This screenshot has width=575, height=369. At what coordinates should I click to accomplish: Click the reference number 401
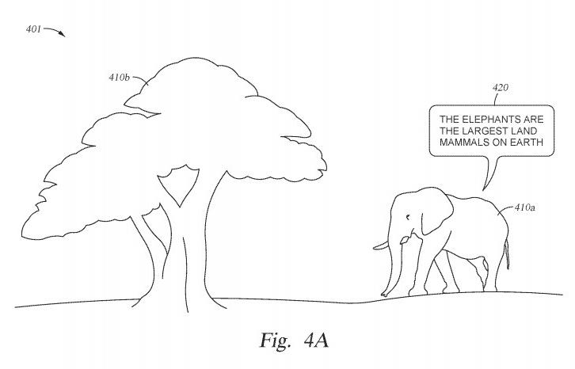(33, 29)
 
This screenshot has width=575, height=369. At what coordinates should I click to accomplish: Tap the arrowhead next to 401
(63, 35)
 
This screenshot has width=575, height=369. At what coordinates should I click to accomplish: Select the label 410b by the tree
(120, 78)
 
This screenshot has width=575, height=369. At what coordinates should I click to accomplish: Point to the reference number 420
(501, 88)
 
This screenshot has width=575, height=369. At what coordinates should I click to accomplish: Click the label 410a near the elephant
(525, 207)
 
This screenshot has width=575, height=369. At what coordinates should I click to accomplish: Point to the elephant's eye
(408, 218)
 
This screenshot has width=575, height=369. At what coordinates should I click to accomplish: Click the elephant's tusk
(381, 245)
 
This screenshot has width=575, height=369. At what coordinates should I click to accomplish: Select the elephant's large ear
(437, 212)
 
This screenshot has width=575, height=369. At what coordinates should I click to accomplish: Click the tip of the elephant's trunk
(384, 294)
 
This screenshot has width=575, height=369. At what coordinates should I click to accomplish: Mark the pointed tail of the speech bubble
(483, 190)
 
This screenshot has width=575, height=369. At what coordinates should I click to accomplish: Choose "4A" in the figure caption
(316, 340)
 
